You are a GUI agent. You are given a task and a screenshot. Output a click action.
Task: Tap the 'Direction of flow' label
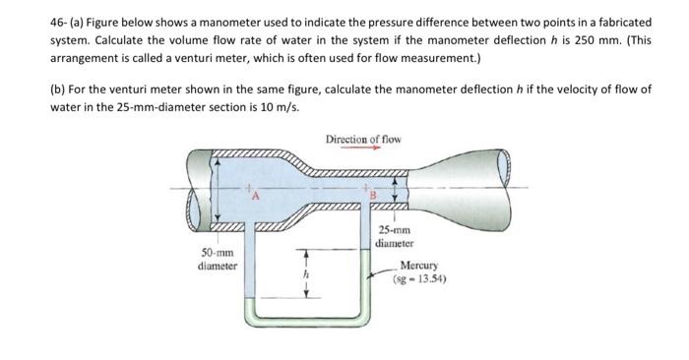pos(362,139)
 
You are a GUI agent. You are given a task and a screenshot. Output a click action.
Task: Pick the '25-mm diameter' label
pos(397,238)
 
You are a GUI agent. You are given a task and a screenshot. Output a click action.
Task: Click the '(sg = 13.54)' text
pos(419,277)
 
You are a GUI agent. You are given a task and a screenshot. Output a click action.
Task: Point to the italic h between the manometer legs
pos(306,276)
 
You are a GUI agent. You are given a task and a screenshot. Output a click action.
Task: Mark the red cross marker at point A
pos(251,187)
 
